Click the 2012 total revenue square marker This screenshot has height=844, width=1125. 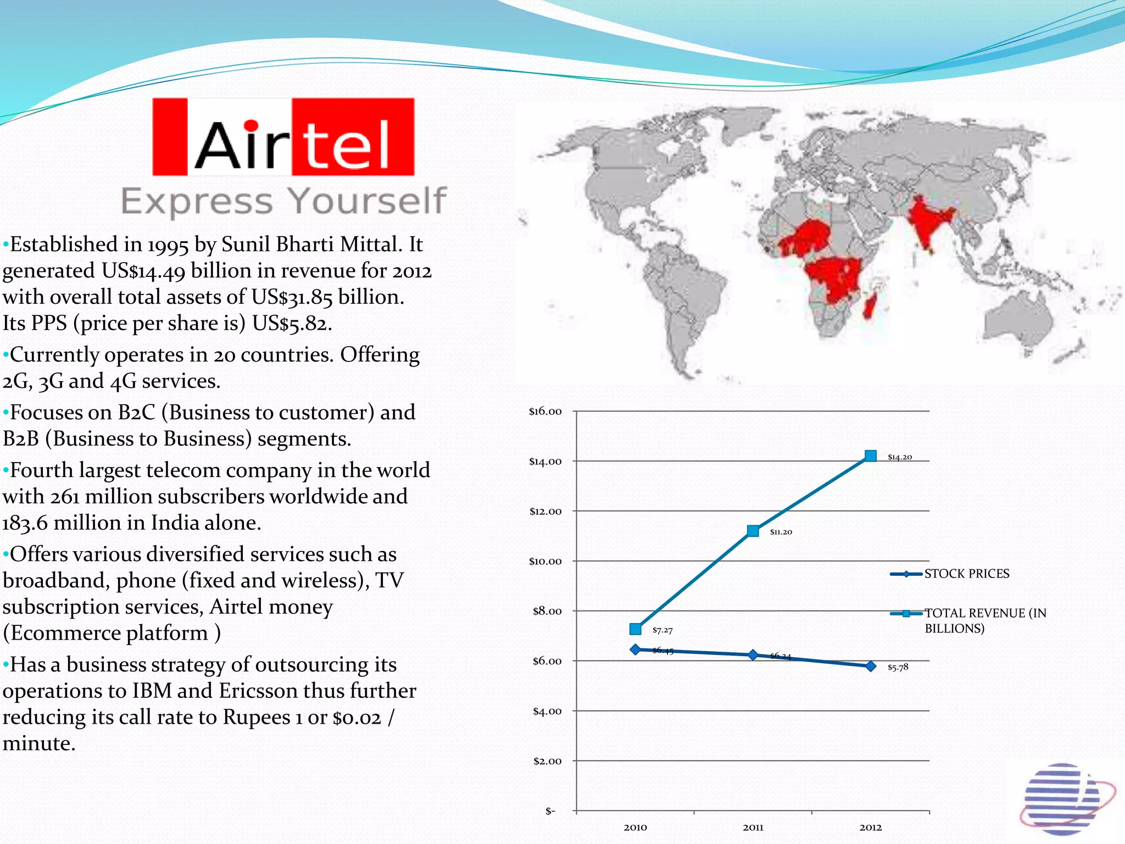[x=870, y=456]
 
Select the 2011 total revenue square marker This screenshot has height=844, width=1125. [x=753, y=531]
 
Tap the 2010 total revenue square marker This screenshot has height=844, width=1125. [x=636, y=629]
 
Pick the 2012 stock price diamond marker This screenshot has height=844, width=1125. [x=871, y=666]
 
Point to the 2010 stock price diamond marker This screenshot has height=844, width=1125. [x=636, y=649]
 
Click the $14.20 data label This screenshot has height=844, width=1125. [x=900, y=457]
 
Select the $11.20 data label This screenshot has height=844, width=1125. [x=781, y=532]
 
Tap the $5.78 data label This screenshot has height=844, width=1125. [x=898, y=667]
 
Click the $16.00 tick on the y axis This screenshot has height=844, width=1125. [x=545, y=412]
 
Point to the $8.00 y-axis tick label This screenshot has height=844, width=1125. [x=547, y=611]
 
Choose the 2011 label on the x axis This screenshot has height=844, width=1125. [x=753, y=827]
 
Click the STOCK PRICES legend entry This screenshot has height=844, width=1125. [x=966, y=574]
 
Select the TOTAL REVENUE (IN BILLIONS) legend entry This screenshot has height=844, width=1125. [x=985, y=620]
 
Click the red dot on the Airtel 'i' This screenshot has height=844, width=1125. [x=251, y=125]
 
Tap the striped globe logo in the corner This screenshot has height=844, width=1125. [x=1065, y=798]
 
